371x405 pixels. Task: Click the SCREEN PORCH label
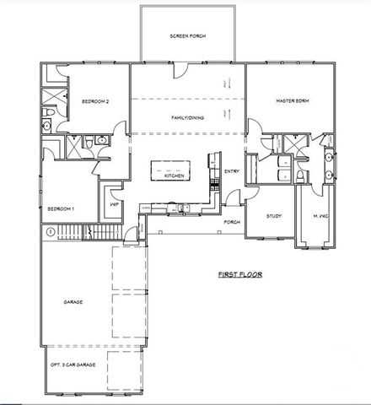click(x=188, y=36)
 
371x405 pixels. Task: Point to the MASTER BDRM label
click(x=293, y=101)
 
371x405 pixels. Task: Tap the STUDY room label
click(x=273, y=215)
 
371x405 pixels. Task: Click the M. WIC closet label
click(x=320, y=215)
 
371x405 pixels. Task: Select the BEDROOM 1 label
click(x=61, y=208)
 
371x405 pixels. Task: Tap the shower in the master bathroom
click(x=291, y=143)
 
